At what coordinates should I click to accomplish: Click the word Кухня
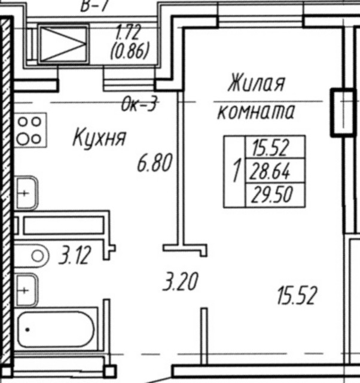tap(99, 138)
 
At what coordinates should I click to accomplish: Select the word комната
tap(256, 111)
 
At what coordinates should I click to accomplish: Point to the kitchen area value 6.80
tap(154, 163)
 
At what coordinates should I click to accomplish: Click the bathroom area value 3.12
tap(74, 257)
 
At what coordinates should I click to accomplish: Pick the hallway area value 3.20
tap(180, 281)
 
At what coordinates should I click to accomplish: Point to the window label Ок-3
tap(138, 105)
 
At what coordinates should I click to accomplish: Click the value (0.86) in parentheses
tap(129, 51)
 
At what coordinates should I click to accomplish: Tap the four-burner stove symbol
tap(29, 130)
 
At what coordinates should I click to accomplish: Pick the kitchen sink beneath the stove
tap(26, 193)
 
